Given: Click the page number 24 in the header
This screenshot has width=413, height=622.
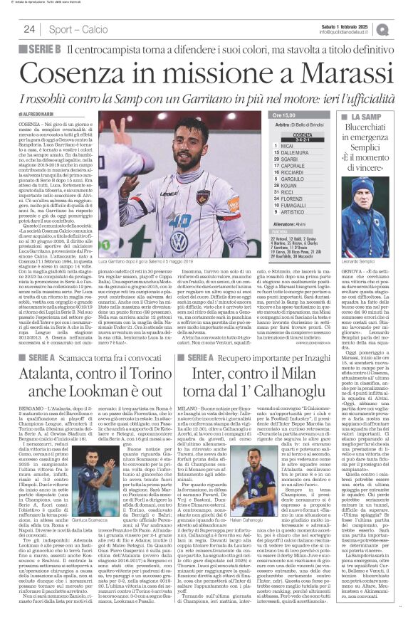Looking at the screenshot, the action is click(29, 28).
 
